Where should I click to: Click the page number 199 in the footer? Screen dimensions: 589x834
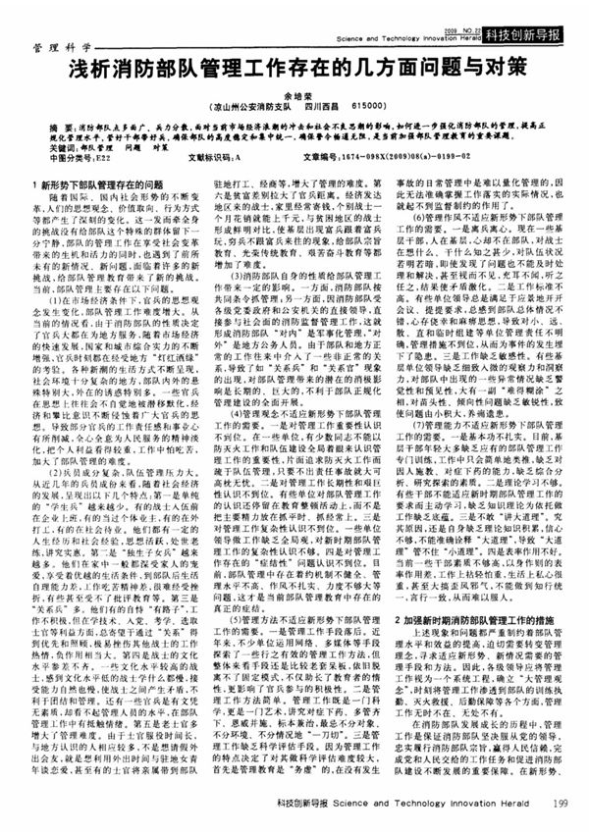[560, 804]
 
